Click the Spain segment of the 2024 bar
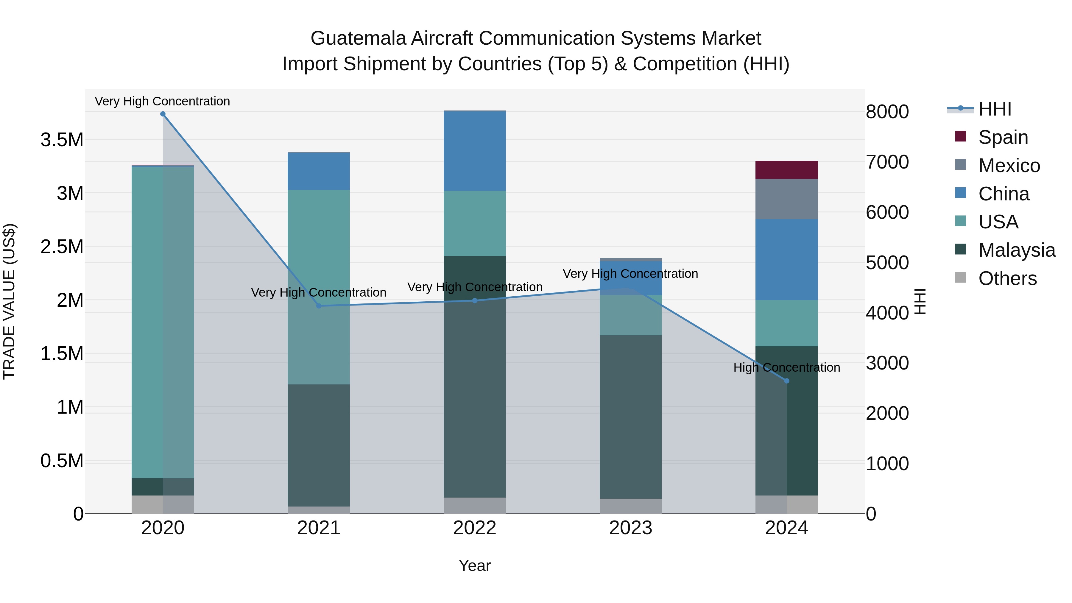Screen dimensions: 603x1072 pos(786,170)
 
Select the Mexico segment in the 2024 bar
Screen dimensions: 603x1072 pos(786,199)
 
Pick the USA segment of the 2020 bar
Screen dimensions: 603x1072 pos(163,322)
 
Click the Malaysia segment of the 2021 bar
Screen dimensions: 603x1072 pos(318,445)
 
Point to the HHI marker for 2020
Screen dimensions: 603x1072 pos(163,114)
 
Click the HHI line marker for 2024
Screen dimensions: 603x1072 pos(786,381)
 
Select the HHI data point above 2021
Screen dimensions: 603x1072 pos(319,306)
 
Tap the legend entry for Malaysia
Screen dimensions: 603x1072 pos(1016,250)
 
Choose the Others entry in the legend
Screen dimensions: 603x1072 pos(1007,278)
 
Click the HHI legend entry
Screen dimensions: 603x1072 pos(994,109)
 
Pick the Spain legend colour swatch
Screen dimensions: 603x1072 pos(960,136)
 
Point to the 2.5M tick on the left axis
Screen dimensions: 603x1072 pos(62,247)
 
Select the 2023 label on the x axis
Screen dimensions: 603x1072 pos(630,528)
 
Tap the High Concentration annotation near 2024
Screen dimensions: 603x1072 pos(786,367)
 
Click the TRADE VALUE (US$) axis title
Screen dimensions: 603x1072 pos(9,301)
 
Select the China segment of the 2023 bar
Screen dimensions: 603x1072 pos(630,278)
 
